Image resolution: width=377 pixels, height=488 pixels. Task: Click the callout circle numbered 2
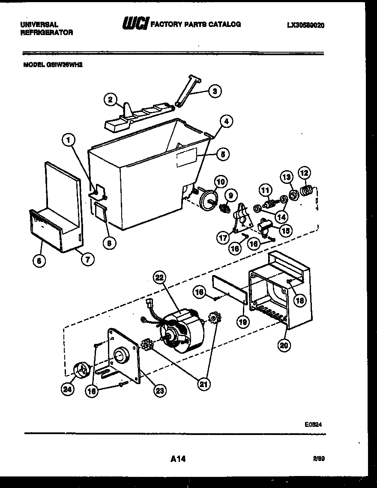coord(111,100)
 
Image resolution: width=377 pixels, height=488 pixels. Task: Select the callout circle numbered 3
coord(215,91)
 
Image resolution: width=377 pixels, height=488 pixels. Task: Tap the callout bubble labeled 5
coord(222,154)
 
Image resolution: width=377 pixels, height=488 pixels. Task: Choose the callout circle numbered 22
coord(159,278)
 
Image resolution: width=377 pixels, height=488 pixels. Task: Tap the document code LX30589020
coord(305,25)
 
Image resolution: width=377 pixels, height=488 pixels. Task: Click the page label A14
coord(178,459)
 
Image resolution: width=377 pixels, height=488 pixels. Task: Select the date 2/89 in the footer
coord(318,458)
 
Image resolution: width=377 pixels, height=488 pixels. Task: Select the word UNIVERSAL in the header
coord(39,25)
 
